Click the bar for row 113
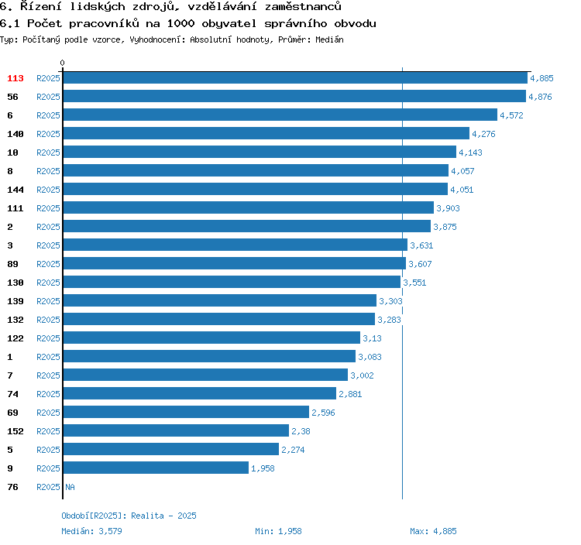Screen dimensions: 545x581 pyautogui.click(x=294, y=78)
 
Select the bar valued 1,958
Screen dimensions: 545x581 pyautogui.click(x=156, y=468)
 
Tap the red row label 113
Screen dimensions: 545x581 pyautogui.click(x=15, y=78)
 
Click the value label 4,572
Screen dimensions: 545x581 pyautogui.click(x=512, y=115)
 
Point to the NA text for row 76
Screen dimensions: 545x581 pyautogui.click(x=70, y=487)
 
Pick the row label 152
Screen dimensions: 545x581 pyautogui.click(x=15, y=431)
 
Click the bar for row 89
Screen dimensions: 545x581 pyautogui.click(x=234, y=264)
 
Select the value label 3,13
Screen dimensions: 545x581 pyautogui.click(x=372, y=338)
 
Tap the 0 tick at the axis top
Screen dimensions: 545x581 pyautogui.click(x=63, y=63)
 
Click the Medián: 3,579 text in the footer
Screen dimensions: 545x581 pyautogui.click(x=91, y=531)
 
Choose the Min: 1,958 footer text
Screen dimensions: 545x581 pyautogui.click(x=278, y=531)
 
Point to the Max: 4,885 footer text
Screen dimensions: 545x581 pyautogui.click(x=433, y=531)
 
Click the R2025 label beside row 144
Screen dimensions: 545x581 pyautogui.click(x=48, y=190)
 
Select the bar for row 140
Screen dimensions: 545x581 pyautogui.click(x=266, y=134)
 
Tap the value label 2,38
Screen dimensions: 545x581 pyautogui.click(x=301, y=431)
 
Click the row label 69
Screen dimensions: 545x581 pyautogui.click(x=12, y=413)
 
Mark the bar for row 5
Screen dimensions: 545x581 pyautogui.click(x=170, y=450)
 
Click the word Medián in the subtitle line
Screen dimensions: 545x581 pyautogui.click(x=329, y=39)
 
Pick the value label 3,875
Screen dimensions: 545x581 pyautogui.click(x=445, y=227)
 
